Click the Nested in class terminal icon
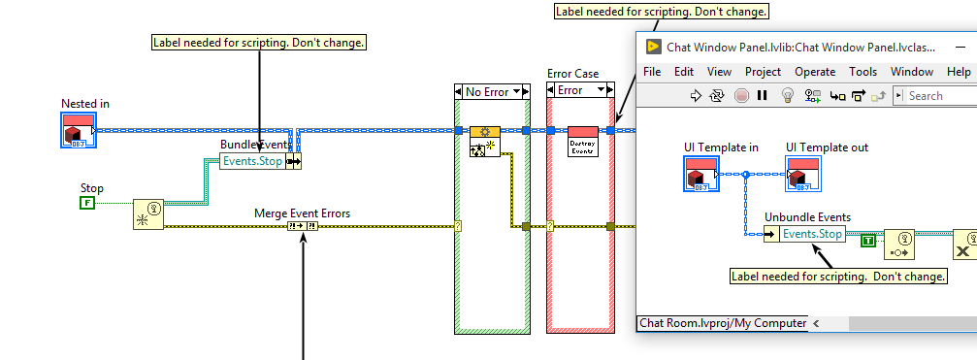pyautogui.click(x=78, y=130)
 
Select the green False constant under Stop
pyautogui.click(x=85, y=203)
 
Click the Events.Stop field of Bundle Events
pyautogui.click(x=252, y=161)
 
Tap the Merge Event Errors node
pyautogui.click(x=303, y=226)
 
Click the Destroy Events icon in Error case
pyautogui.click(x=582, y=141)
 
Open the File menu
pyautogui.click(x=652, y=72)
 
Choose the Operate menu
pyautogui.click(x=814, y=72)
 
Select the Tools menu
pyautogui.click(x=863, y=72)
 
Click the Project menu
pyautogui.click(x=763, y=72)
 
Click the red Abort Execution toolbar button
pyautogui.click(x=741, y=95)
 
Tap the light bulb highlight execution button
pyautogui.click(x=788, y=95)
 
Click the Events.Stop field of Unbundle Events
pyautogui.click(x=812, y=234)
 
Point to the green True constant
pyautogui.click(x=868, y=240)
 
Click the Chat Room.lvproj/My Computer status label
pyautogui.click(x=722, y=323)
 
